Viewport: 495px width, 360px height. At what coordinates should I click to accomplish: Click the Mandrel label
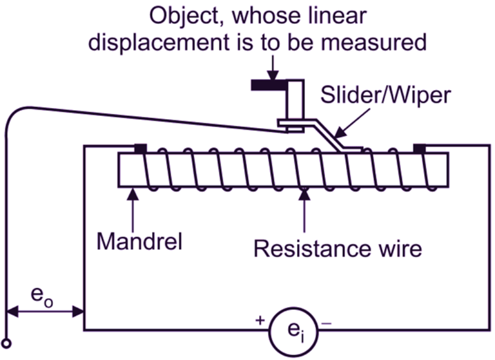(x=139, y=242)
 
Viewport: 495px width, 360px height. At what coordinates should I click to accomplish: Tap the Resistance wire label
(x=338, y=248)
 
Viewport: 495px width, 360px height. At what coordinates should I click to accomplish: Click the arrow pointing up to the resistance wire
(x=303, y=205)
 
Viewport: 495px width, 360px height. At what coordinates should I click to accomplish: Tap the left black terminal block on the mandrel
(x=139, y=149)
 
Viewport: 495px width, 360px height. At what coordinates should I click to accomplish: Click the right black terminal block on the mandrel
(x=420, y=149)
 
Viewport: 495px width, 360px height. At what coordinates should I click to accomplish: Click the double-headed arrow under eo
(x=45, y=313)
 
